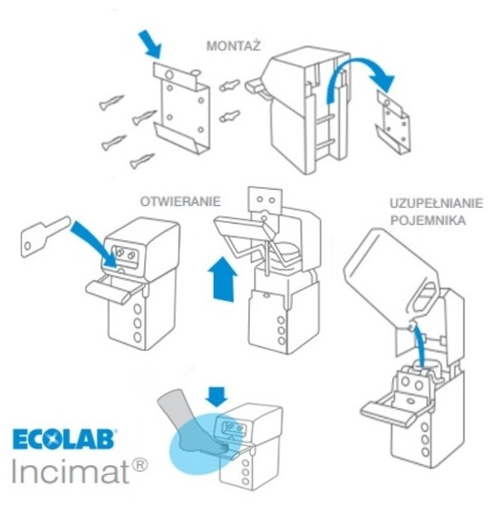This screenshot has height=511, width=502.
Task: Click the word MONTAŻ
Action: point(234,45)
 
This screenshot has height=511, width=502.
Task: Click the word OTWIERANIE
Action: point(180,201)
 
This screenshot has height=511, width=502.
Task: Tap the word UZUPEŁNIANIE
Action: point(436,203)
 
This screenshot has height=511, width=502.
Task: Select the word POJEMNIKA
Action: point(428,220)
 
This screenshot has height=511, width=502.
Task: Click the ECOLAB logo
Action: point(64,439)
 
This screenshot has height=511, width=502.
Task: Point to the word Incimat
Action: point(71,471)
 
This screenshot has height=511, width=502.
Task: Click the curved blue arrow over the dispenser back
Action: point(359,75)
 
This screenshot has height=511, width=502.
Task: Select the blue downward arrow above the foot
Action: point(218,397)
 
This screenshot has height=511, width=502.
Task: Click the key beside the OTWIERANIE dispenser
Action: point(44,236)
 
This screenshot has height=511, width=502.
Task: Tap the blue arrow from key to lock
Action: point(94,242)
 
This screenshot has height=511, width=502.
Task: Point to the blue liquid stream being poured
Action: point(419,347)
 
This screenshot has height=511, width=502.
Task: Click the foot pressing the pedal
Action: point(196,423)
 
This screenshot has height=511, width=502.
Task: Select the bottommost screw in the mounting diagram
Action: point(142,161)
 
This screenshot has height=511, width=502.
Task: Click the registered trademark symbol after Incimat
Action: point(140,465)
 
